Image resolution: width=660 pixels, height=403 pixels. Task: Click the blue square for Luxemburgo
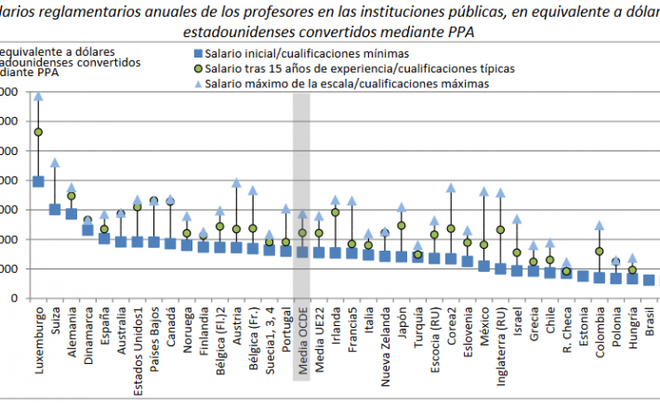(38, 181)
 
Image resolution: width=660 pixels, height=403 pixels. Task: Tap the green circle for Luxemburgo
(38, 132)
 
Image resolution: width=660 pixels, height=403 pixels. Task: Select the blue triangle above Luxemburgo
(38, 96)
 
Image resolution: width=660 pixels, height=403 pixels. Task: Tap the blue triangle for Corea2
(451, 188)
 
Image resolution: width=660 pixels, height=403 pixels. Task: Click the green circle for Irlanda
(335, 213)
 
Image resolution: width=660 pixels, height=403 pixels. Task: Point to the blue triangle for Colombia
(600, 225)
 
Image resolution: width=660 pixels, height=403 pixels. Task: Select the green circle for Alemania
(72, 196)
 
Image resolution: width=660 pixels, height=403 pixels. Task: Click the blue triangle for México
(483, 191)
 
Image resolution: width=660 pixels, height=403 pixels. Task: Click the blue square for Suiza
(55, 209)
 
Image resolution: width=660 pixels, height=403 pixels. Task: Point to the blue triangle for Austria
(236, 183)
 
